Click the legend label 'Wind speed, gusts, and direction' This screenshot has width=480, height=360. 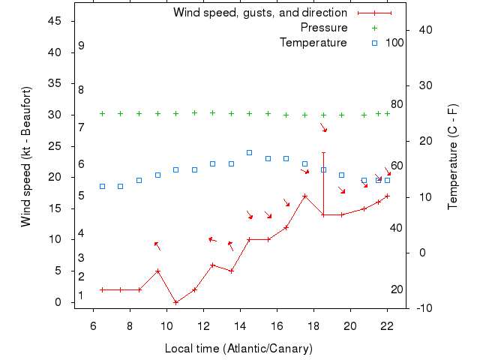pos(260,13)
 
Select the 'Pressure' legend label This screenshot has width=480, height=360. pos(324,28)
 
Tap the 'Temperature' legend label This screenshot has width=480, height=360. pos(313,43)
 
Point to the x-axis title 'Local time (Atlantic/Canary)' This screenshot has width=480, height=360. pos(238,349)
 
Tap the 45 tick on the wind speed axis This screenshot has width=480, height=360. pos(54,21)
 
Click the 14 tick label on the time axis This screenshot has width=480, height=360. pos(240,325)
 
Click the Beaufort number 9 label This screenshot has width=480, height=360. pos(81,46)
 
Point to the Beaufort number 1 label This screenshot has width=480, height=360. pos(81,295)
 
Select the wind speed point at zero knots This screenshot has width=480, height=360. pos(176,302)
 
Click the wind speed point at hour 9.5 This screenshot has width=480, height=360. pos(157,271)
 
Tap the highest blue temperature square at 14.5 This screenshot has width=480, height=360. pos(250,152)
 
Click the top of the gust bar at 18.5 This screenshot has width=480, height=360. pos(323,152)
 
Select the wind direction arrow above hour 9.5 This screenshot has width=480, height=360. pos(157,246)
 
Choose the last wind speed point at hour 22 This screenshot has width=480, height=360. pos(387,196)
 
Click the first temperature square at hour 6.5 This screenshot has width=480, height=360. pos(103,186)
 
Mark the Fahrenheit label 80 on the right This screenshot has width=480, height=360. pos(397,104)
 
